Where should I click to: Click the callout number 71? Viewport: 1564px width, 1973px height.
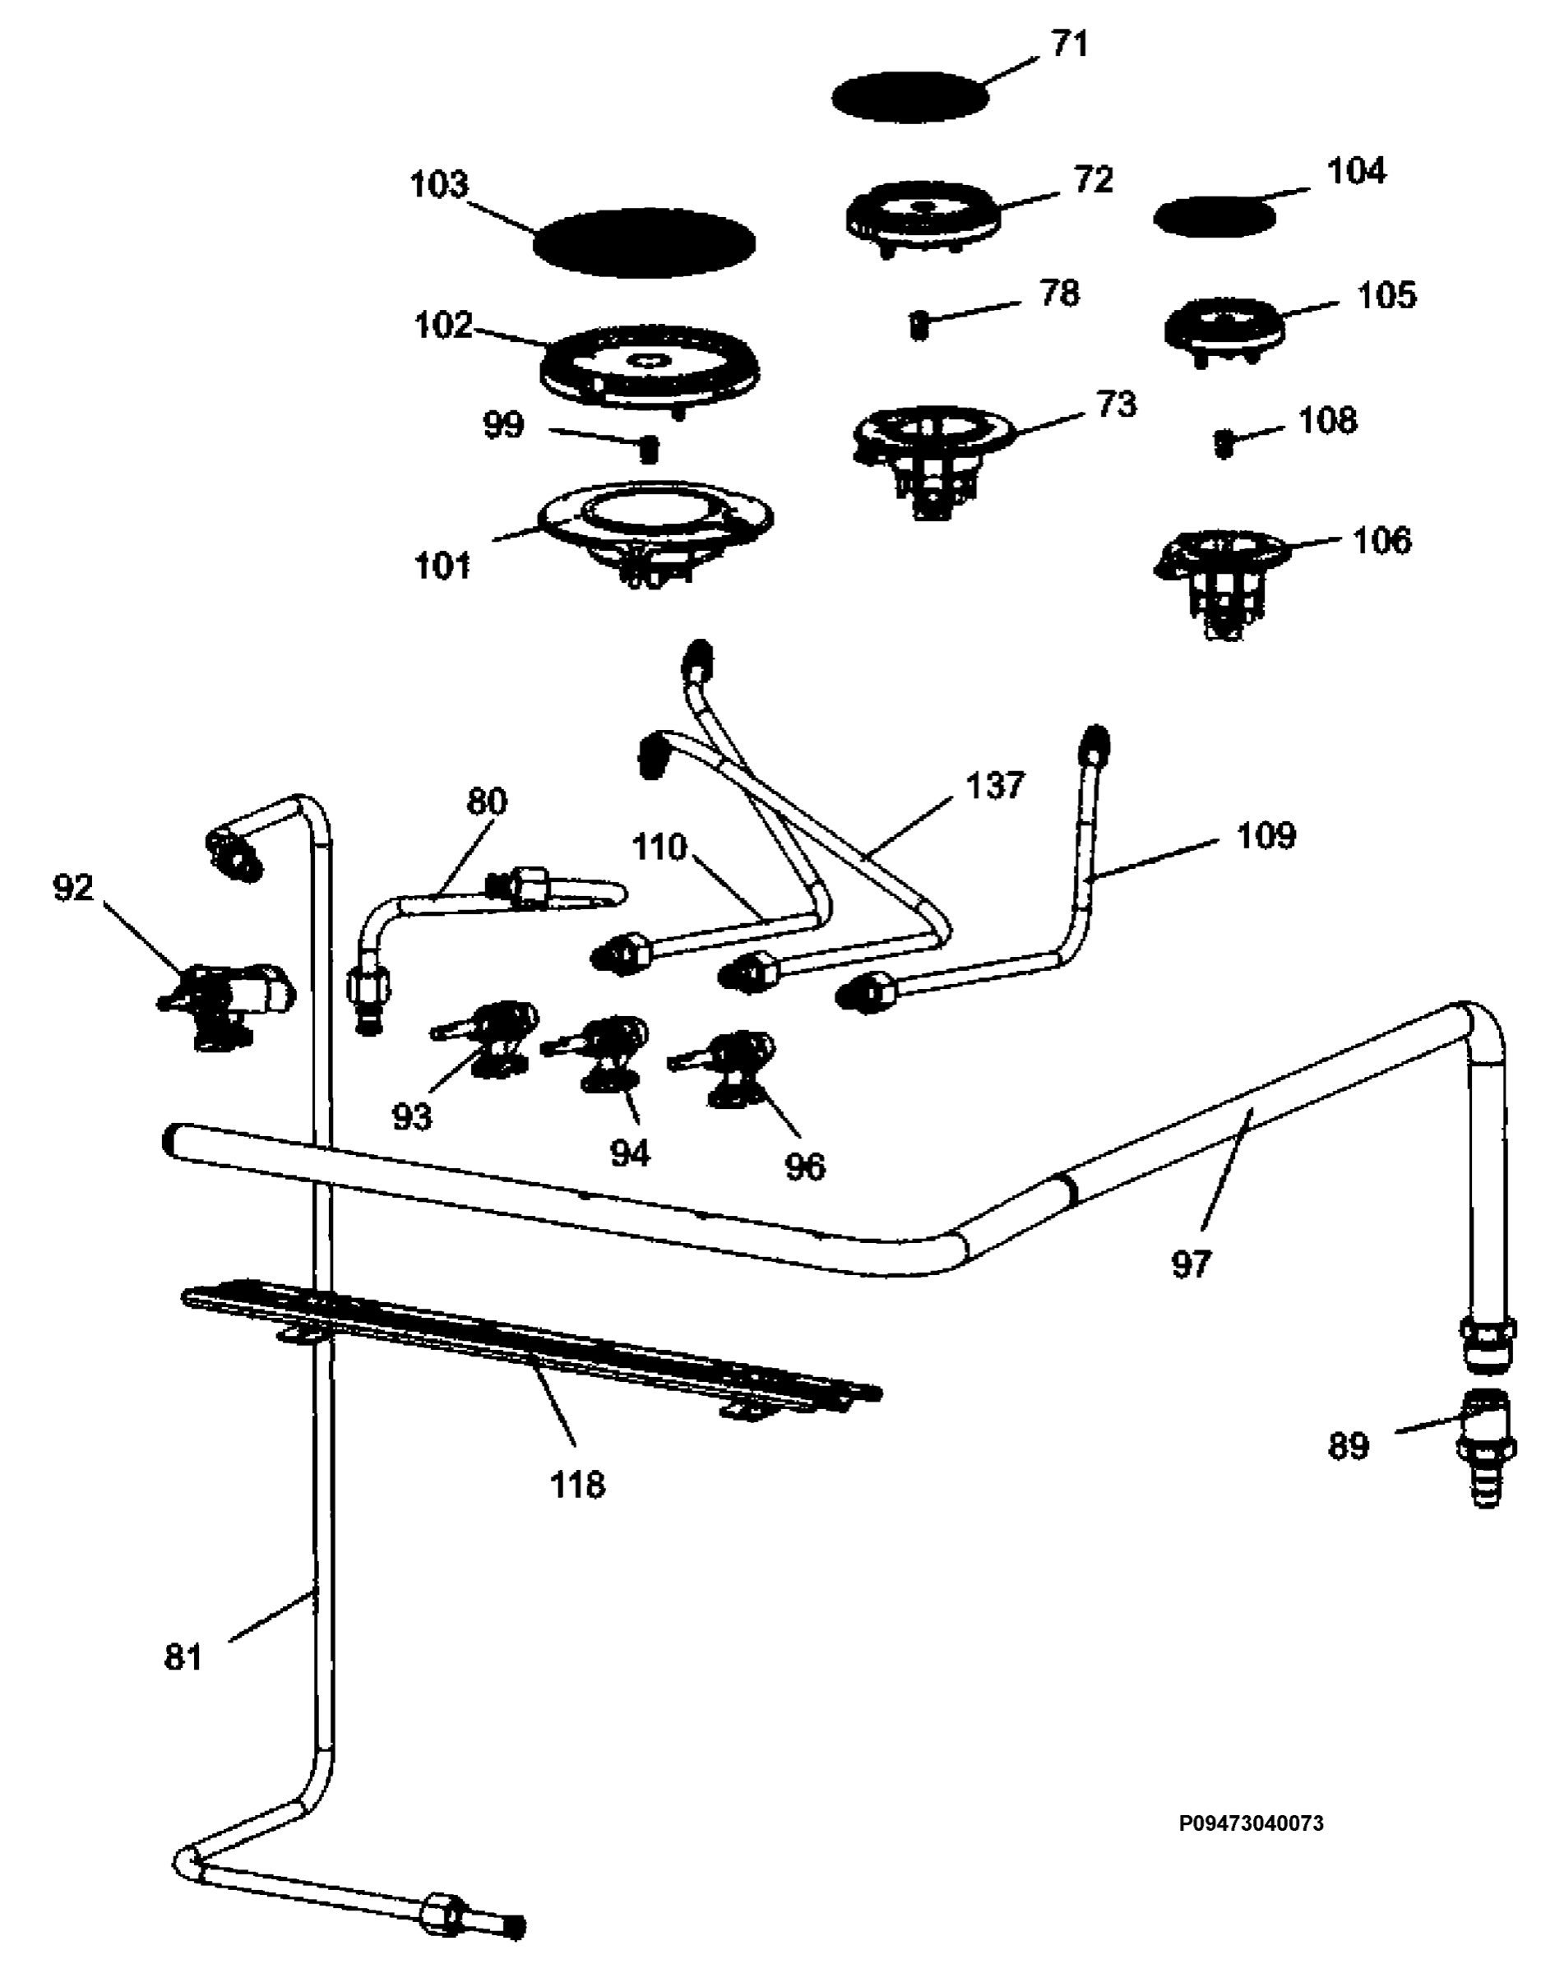click(1069, 44)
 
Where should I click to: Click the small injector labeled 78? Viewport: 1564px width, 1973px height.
click(919, 324)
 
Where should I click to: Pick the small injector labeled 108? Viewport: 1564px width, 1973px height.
click(1224, 444)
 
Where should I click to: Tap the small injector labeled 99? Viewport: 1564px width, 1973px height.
click(648, 448)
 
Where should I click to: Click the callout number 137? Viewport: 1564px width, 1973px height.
click(995, 785)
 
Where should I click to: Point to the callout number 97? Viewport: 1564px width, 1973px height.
click(1191, 1264)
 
